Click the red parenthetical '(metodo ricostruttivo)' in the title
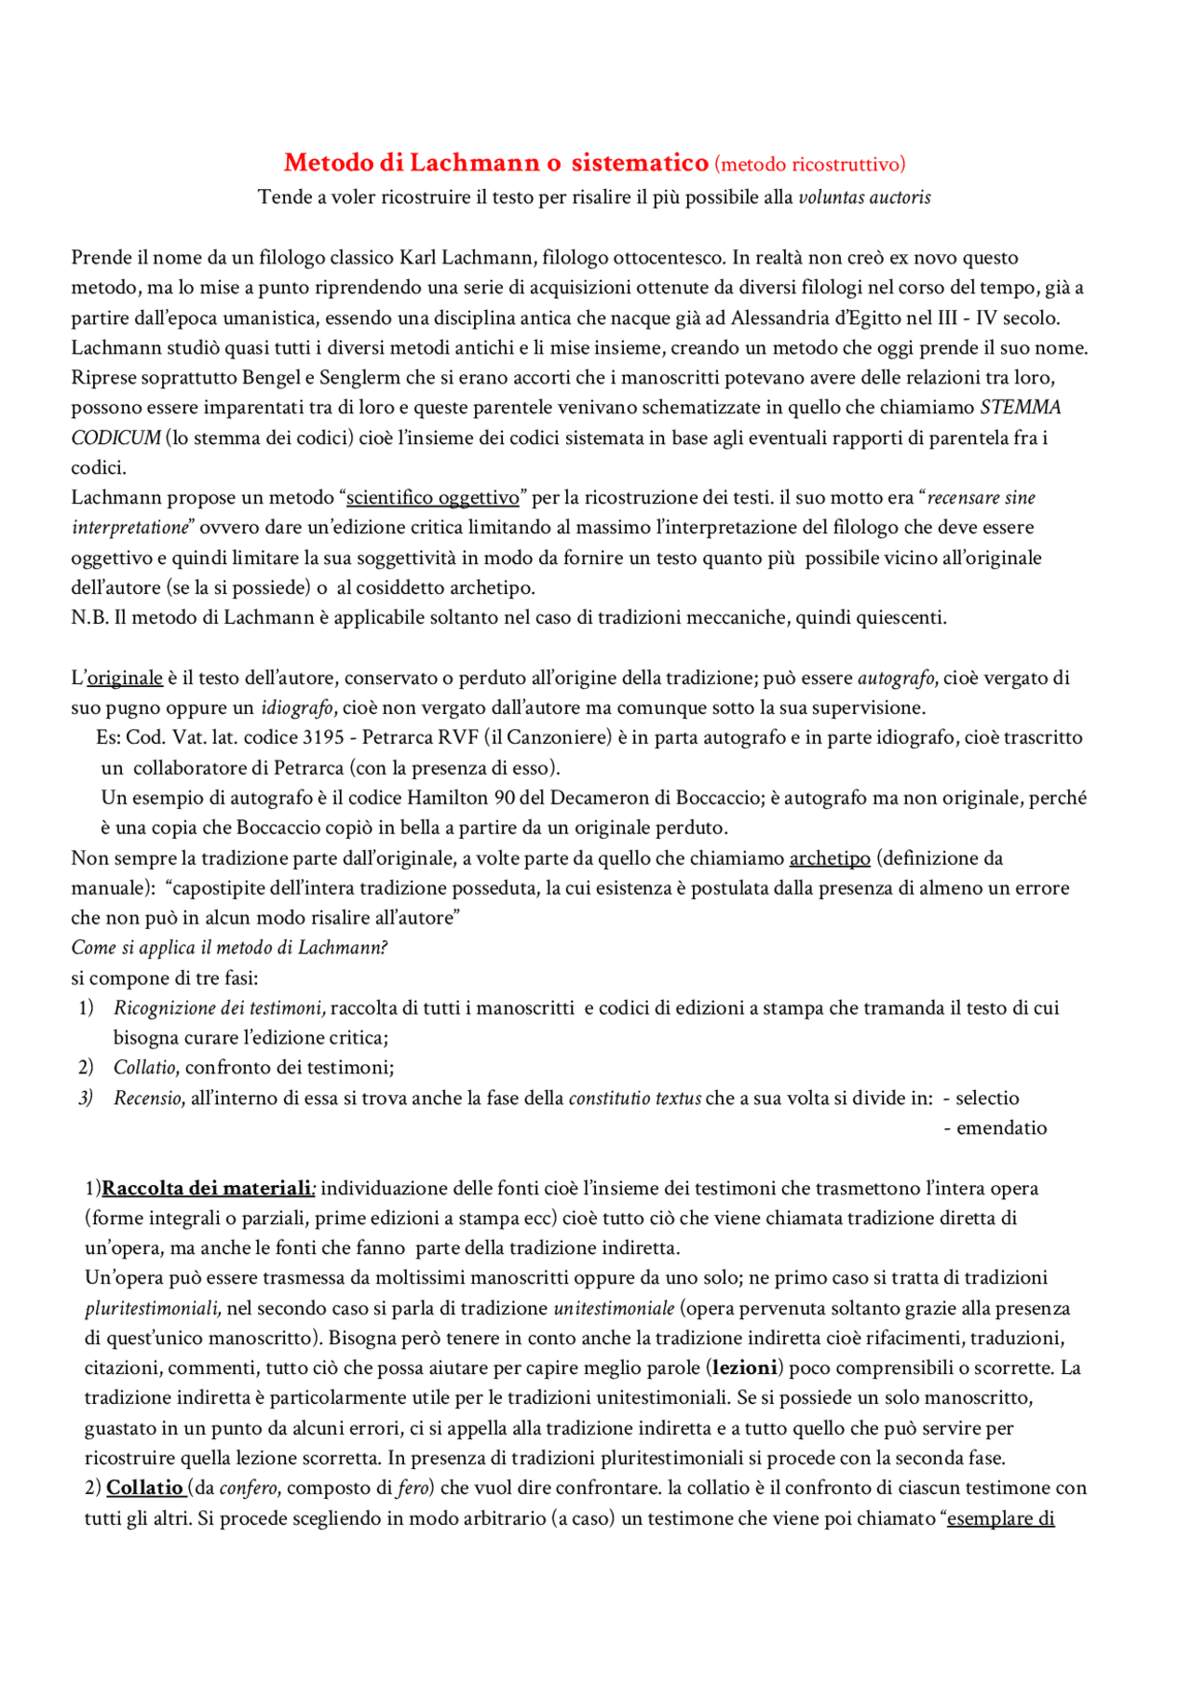pyautogui.click(x=809, y=165)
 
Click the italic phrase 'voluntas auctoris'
pyautogui.click(x=864, y=197)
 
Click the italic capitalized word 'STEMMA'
pyautogui.click(x=1021, y=408)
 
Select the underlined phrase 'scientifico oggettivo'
pyautogui.click(x=433, y=498)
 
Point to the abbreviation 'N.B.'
pyautogui.click(x=89, y=618)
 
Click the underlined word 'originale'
pyautogui.click(x=125, y=678)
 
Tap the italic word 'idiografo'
pyautogui.click(x=296, y=708)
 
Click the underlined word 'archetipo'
pyautogui.click(x=830, y=858)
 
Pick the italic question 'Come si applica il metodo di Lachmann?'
pyautogui.click(x=229, y=948)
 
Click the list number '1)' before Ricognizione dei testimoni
pyautogui.click(x=86, y=1008)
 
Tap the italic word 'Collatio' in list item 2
pyautogui.click(x=144, y=1068)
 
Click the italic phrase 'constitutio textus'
pyautogui.click(x=634, y=1099)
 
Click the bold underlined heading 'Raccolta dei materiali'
pyautogui.click(x=207, y=1189)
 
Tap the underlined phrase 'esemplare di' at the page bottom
pyautogui.click(x=1001, y=1518)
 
